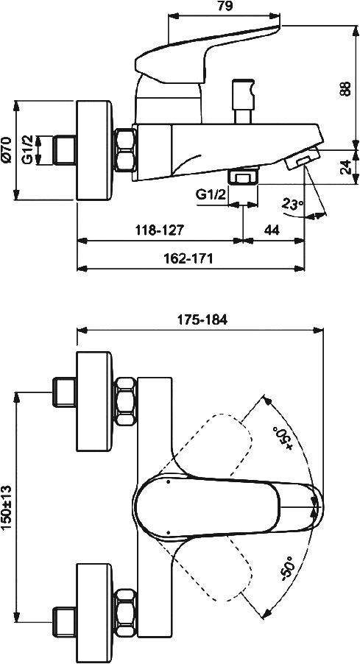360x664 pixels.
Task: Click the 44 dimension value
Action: [x=272, y=230]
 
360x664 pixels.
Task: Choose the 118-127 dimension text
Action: [x=159, y=230]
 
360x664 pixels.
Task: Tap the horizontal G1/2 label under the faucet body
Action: [x=211, y=194]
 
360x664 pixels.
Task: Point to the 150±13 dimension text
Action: [x=7, y=507]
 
